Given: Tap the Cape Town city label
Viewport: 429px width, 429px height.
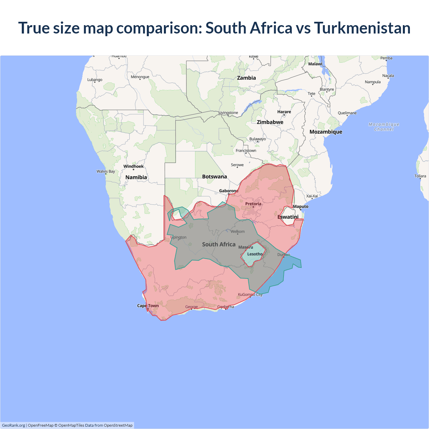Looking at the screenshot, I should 148,306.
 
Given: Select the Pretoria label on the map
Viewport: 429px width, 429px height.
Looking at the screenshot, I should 253,204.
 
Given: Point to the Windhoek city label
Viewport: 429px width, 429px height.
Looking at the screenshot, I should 133,166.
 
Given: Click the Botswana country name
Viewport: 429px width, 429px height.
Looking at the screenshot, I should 214,177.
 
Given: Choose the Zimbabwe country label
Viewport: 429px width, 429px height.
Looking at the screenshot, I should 270,122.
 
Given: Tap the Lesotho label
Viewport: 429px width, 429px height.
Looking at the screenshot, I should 255,254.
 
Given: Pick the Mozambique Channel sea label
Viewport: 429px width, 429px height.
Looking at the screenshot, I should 384,127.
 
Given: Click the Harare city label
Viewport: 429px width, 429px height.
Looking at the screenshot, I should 284,112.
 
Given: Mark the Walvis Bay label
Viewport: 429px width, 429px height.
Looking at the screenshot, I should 106,171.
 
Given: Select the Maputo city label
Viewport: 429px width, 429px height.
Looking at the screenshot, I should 300,206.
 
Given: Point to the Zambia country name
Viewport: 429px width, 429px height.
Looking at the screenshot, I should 246,78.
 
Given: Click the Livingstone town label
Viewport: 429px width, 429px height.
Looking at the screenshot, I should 228,113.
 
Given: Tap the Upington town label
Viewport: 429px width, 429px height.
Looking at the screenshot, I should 178,237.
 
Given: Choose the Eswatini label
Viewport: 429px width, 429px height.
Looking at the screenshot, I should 288,217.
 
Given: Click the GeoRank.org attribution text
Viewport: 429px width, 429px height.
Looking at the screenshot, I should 13,425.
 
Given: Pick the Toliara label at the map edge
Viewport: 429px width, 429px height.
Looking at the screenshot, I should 420,176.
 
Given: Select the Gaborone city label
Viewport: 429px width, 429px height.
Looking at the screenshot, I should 229,191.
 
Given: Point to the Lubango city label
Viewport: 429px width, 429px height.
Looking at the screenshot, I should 95,80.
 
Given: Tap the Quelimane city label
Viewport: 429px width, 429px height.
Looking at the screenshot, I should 347,113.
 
